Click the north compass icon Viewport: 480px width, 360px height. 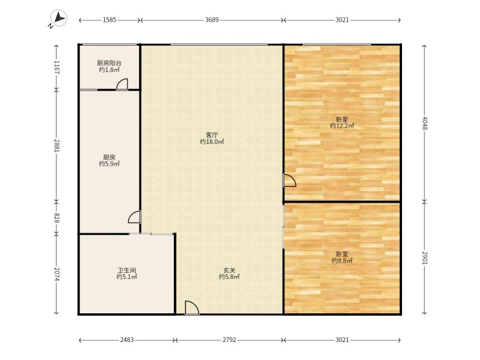(58, 18)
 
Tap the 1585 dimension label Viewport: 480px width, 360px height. (109, 20)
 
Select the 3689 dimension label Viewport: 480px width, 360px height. (212, 20)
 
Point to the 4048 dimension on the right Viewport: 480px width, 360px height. (424, 123)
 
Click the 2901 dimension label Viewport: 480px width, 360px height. (424, 258)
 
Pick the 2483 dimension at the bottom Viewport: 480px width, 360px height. (127, 340)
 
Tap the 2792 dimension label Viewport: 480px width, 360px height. (229, 340)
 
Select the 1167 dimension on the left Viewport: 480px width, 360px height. (56, 67)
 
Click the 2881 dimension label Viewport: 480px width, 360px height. (56, 146)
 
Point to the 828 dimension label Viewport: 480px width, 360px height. (56, 218)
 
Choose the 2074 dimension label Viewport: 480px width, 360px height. (56, 274)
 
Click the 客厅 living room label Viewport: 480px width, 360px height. (212, 135)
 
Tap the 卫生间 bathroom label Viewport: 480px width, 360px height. (127, 271)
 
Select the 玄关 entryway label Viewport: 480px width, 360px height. (229, 271)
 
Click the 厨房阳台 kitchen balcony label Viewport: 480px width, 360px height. (109, 63)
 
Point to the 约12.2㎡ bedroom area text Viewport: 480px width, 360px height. (342, 126)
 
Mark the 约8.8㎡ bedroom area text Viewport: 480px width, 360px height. (342, 261)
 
